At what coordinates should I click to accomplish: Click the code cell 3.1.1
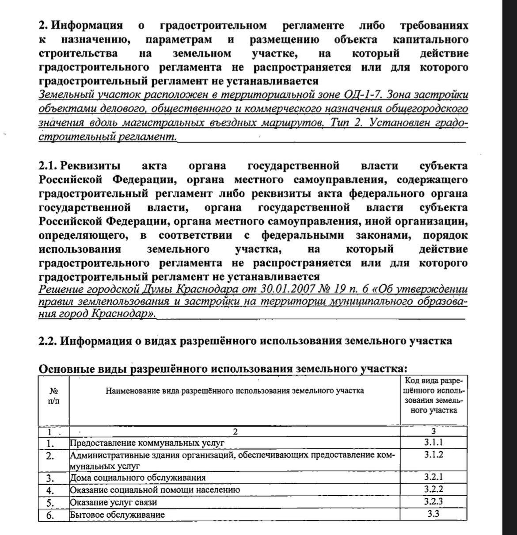tap(433, 443)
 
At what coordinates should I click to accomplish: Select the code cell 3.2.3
tap(433, 502)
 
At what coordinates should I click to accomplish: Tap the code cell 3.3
tap(433, 514)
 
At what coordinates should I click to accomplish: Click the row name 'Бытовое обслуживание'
tap(118, 515)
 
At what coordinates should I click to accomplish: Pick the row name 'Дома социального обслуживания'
tap(138, 478)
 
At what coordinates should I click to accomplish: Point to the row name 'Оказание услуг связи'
tap(114, 503)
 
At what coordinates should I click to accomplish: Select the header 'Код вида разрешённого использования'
tap(433, 395)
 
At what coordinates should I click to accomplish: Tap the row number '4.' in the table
tap(50, 490)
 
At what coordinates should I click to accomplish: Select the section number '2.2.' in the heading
tap(48, 341)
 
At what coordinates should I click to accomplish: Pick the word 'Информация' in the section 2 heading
tap(87, 26)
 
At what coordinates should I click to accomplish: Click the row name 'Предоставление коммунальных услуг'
tap(148, 443)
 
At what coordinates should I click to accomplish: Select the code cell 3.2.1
tap(433, 477)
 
